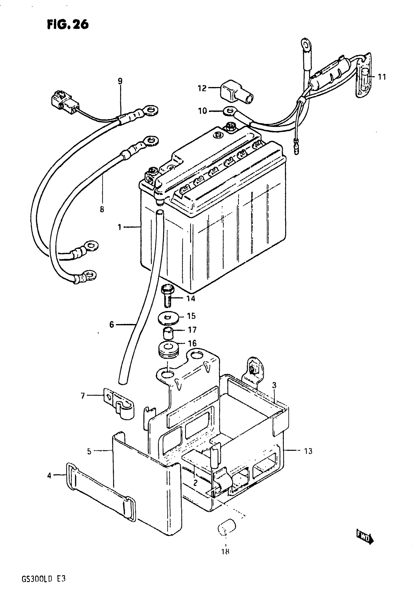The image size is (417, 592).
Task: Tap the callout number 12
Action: [x=202, y=88]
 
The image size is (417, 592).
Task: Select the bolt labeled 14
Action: [x=168, y=297]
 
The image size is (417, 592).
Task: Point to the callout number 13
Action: [x=308, y=451]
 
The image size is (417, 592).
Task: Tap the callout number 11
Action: [x=382, y=77]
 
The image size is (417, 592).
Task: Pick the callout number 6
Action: [x=111, y=324]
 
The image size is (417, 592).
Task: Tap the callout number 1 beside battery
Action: [x=119, y=227]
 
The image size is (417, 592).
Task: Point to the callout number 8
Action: [x=102, y=209]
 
